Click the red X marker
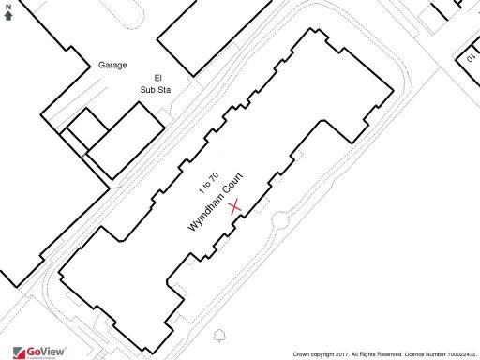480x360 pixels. pos(236,206)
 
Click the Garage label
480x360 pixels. pos(112,66)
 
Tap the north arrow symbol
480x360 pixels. pos(8,16)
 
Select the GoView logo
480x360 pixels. pos(37,352)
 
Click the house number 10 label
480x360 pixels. pos(470,59)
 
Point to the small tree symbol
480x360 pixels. pos(220,334)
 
